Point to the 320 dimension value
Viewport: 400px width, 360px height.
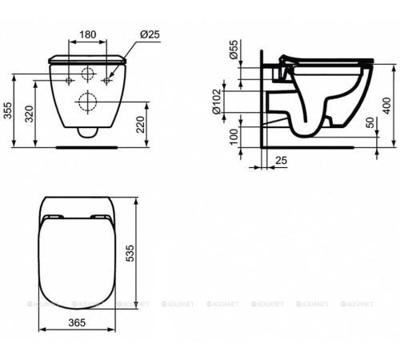coord(30,115)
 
